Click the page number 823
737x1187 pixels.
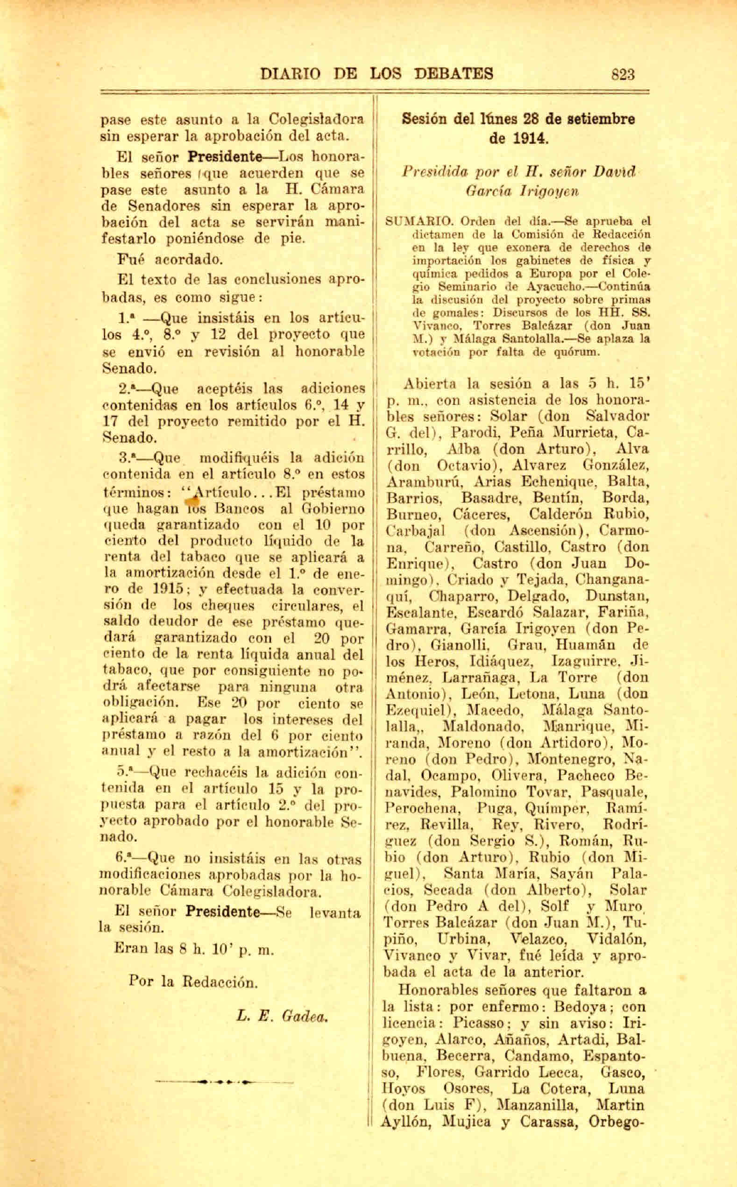623,74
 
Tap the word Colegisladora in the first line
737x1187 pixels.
316,120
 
